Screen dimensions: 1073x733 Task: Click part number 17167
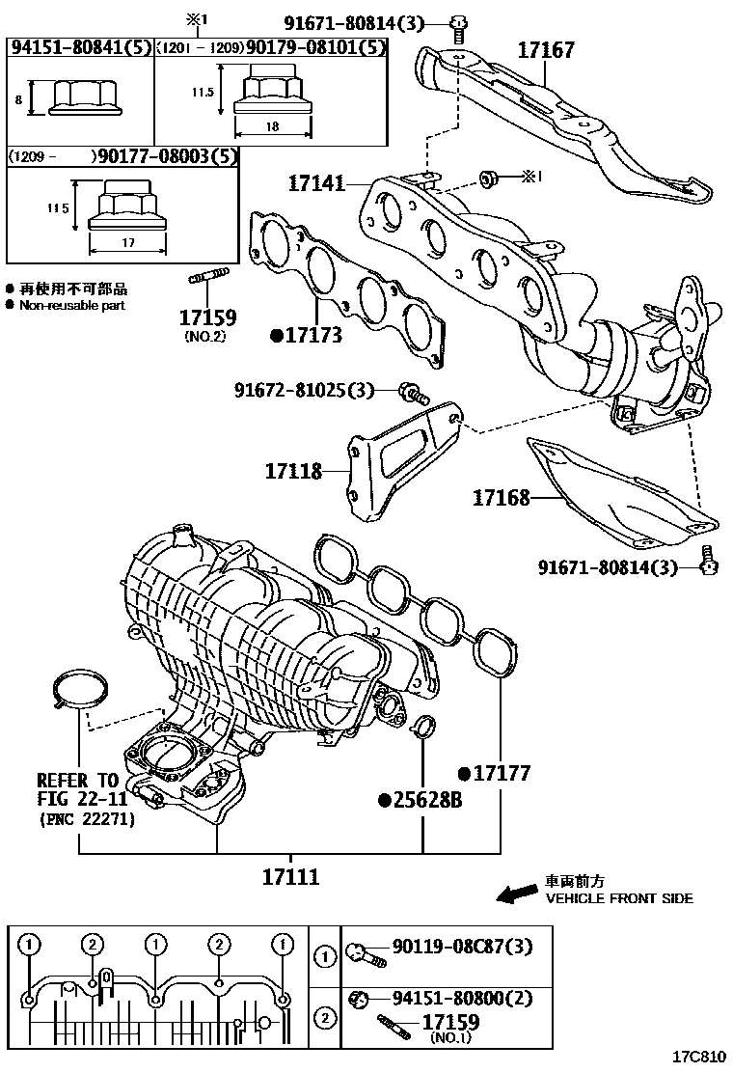[x=545, y=50]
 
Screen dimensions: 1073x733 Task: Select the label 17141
[x=315, y=182]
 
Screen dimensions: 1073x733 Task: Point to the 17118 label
[x=295, y=471]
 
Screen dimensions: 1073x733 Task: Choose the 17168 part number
[x=501, y=498]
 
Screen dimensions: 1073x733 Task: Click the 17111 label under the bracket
[x=290, y=877]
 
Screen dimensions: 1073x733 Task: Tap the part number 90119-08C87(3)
[x=461, y=948]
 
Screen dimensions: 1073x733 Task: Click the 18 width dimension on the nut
[x=274, y=126]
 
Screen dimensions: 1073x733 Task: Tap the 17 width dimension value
[x=128, y=243]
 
